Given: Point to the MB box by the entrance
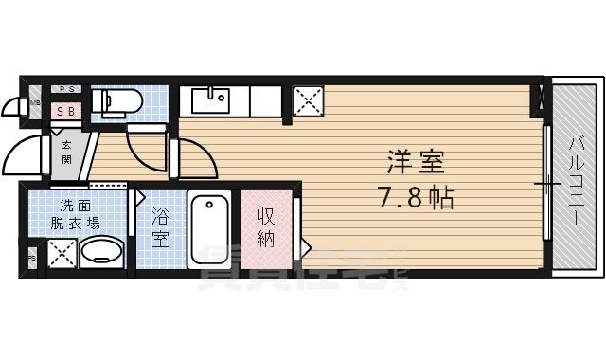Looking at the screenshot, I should (35, 102).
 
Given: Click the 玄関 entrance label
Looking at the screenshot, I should (67, 152).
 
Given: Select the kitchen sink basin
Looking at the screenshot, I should (209, 99).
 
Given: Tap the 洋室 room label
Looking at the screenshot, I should (415, 161).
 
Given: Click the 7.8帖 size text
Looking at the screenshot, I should (415, 199).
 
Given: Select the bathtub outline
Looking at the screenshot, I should (209, 228).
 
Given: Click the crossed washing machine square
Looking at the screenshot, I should (61, 252).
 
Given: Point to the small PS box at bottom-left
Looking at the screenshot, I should (31, 256).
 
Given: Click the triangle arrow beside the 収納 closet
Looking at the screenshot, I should (306, 246).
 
